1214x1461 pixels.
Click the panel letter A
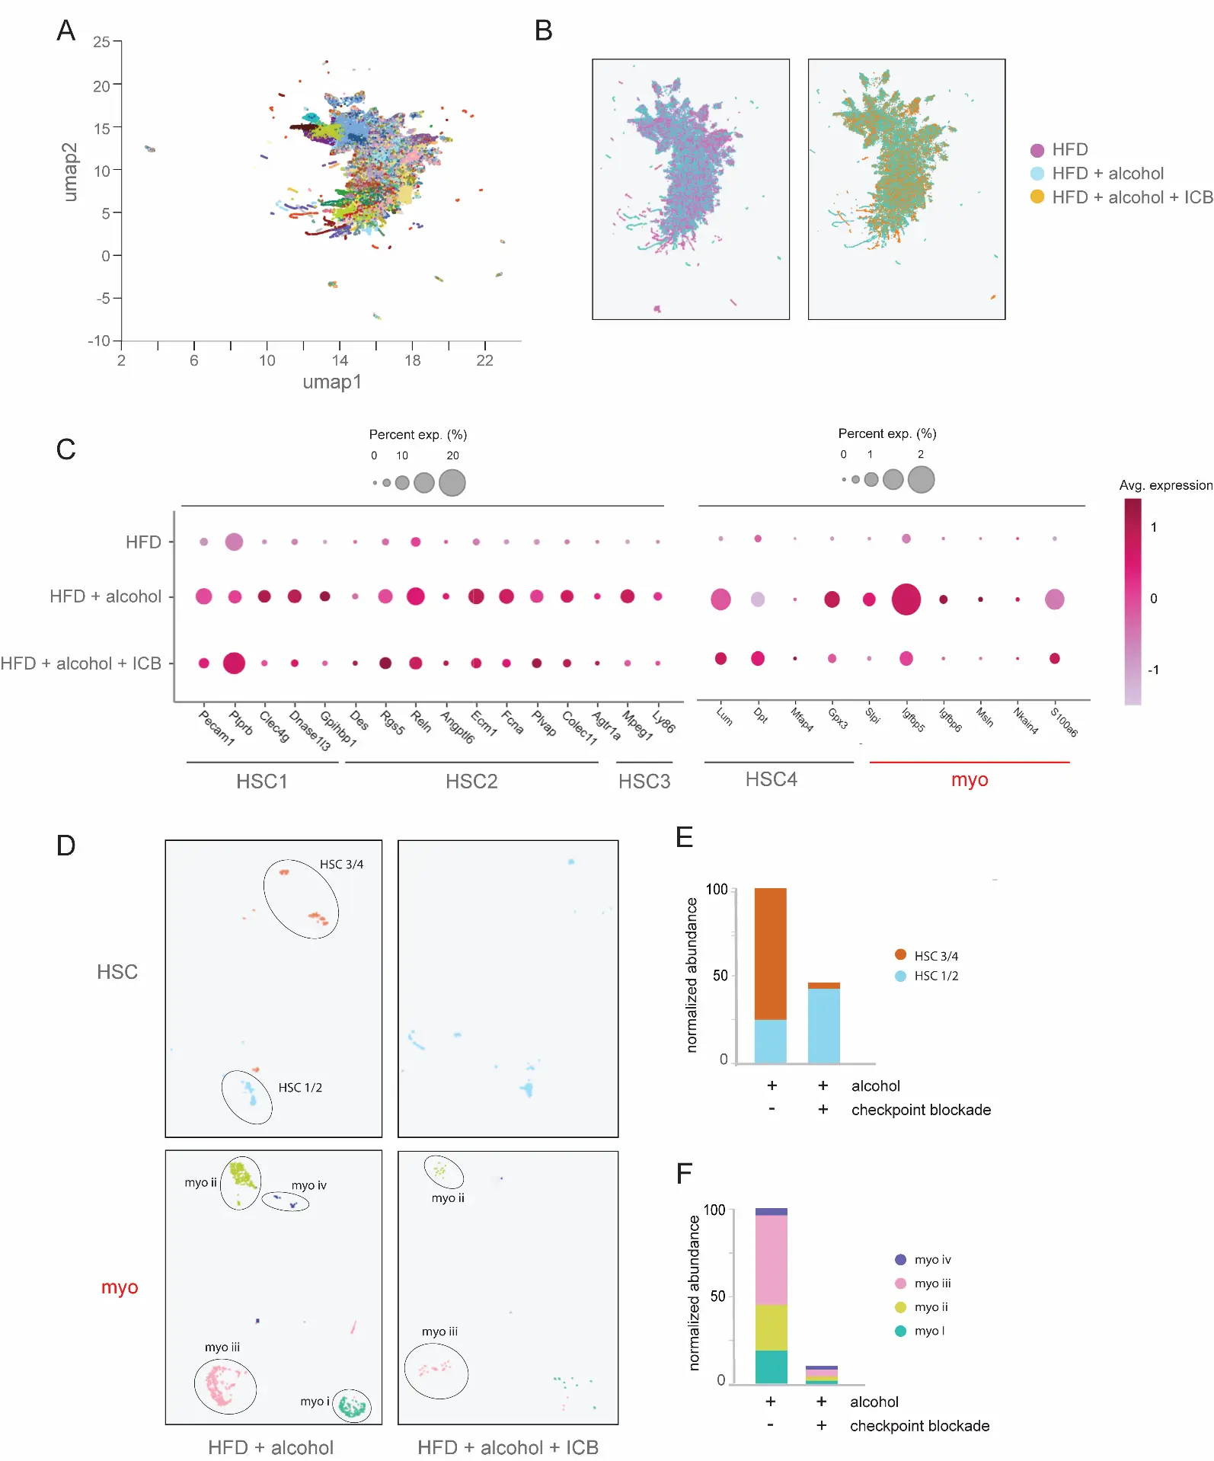66,30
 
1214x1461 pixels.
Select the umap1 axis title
332,382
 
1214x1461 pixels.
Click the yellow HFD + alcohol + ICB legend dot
1037,197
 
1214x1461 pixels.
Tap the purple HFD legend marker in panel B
1037,150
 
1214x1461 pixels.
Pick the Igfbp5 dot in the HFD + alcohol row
906,599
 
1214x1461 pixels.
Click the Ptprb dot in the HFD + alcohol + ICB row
234,663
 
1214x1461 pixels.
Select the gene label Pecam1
216,727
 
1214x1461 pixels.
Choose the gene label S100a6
1064,722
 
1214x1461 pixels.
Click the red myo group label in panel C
969,780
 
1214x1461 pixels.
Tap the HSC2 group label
471,782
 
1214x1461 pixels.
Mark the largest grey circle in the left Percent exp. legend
452,482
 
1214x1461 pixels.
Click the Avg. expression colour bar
1133,602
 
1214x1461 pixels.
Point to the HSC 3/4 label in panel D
341,865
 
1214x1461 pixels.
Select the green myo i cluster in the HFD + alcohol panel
353,1406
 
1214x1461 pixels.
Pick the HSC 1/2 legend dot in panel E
900,976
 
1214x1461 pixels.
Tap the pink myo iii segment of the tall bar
771,1260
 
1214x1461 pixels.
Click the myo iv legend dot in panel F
900,1260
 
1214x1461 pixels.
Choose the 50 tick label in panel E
720,976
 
